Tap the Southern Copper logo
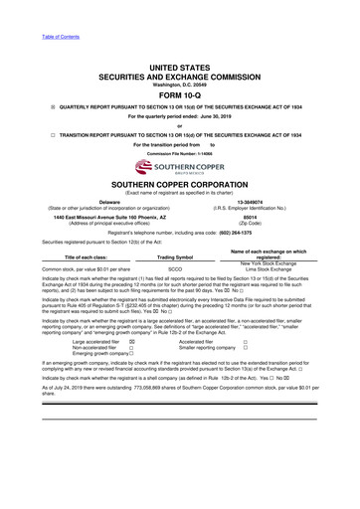click(x=179, y=172)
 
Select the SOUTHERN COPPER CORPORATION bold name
click(x=179, y=187)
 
